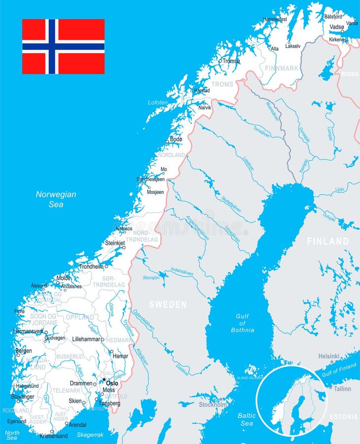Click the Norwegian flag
click(63, 46)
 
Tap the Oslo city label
click(112, 383)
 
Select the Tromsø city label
click(231, 61)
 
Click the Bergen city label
click(24, 351)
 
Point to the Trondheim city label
click(91, 266)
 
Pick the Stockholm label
click(213, 405)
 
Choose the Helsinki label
click(329, 356)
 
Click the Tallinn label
click(342, 389)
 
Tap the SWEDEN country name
click(168, 304)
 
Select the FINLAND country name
click(328, 241)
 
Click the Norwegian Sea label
click(56, 199)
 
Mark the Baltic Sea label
click(247, 419)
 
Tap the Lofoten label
click(158, 102)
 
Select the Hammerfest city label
click(275, 19)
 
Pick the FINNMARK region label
click(282, 68)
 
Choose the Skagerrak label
click(90, 435)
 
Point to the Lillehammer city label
click(86, 339)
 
